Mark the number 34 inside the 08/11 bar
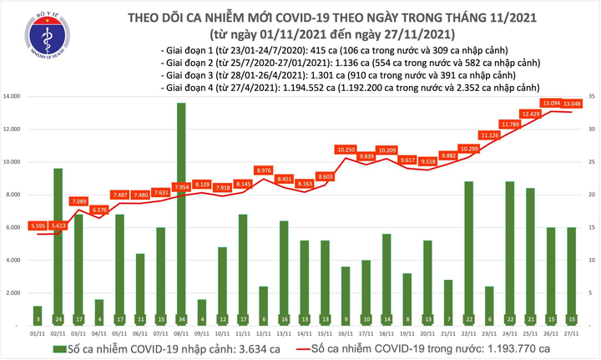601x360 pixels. [x=181, y=319]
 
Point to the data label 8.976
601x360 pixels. [x=263, y=170]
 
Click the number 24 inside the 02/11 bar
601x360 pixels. [x=58, y=319]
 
